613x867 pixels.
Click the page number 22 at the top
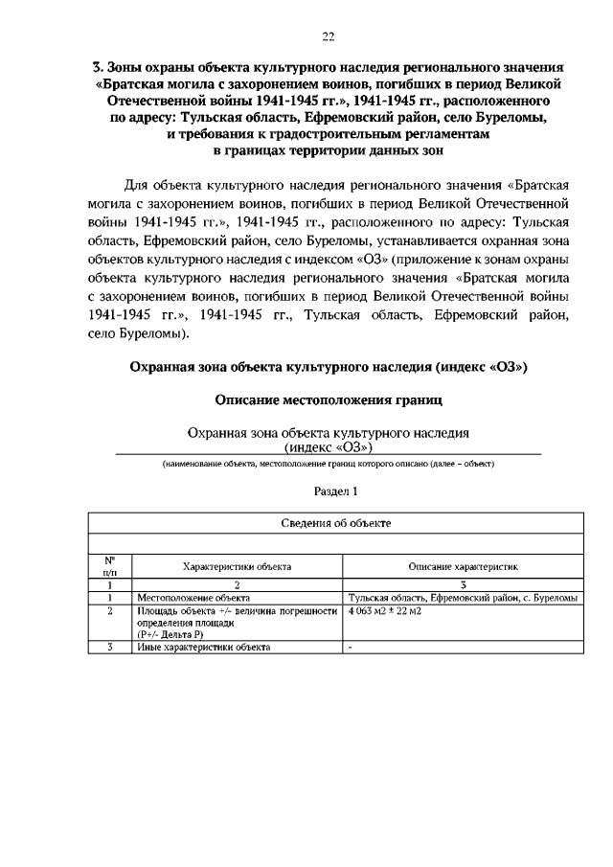point(329,36)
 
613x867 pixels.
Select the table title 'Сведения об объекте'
point(336,524)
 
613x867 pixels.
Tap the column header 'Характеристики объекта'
point(238,567)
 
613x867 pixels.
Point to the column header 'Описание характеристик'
point(464,567)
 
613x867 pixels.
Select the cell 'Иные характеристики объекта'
point(204,647)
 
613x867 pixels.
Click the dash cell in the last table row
point(351,647)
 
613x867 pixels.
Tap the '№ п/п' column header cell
point(110,566)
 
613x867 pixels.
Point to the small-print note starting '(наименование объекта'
point(328,465)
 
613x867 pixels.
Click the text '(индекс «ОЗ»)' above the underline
point(328,447)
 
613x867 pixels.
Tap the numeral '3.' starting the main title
point(96,68)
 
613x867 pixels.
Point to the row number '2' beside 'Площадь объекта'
point(110,610)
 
